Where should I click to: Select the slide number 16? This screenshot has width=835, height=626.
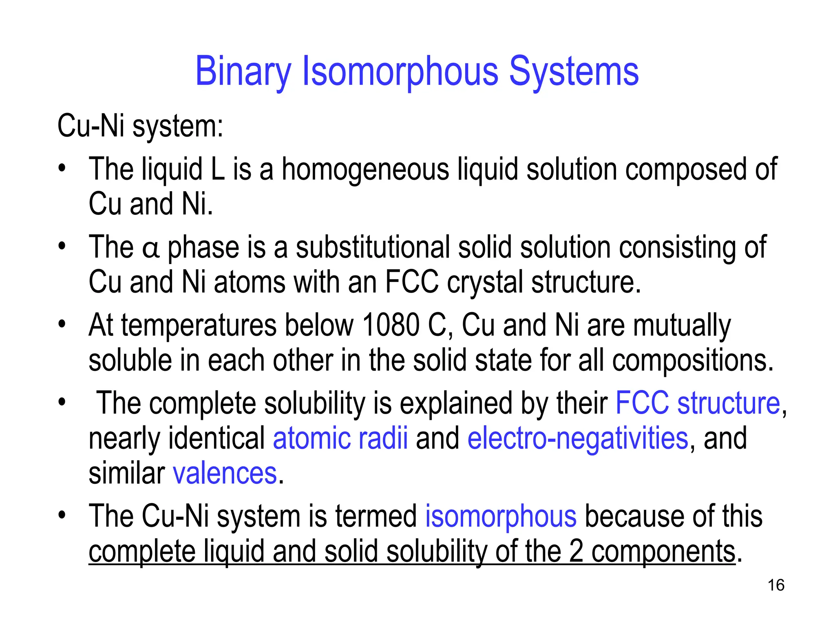[776, 585]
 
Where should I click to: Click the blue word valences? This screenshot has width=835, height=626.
[225, 474]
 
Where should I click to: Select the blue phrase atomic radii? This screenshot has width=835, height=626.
[340, 438]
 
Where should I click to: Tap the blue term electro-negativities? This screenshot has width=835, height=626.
[578, 438]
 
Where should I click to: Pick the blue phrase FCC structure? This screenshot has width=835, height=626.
[698, 403]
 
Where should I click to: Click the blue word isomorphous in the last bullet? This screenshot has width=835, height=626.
[501, 516]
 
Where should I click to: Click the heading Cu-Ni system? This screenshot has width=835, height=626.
[140, 126]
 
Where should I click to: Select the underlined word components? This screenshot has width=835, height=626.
[663, 551]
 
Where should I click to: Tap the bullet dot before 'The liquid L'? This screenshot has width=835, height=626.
[62, 168]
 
